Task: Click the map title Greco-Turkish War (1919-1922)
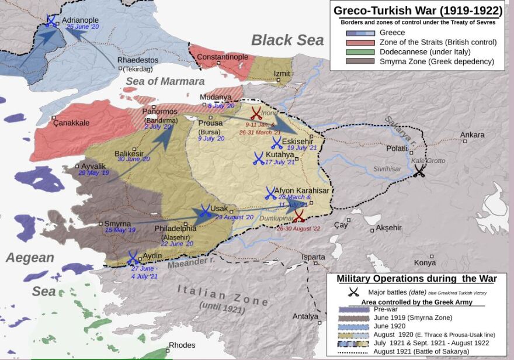pyautogui.click(x=418, y=11)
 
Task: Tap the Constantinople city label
pyautogui.click(x=223, y=57)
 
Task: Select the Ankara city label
pyautogui.click(x=472, y=135)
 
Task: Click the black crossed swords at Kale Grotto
pyautogui.click(x=419, y=171)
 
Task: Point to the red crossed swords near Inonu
pyautogui.click(x=256, y=113)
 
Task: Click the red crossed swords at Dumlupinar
pyautogui.click(x=298, y=216)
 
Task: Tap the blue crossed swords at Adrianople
pyautogui.click(x=51, y=21)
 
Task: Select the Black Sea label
pyautogui.click(x=287, y=40)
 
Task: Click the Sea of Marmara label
pyautogui.click(x=165, y=81)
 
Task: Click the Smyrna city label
pyautogui.click(x=117, y=223)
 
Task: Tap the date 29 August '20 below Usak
pyautogui.click(x=234, y=217)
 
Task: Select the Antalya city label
pyautogui.click(x=305, y=316)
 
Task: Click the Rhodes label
pyautogui.click(x=182, y=345)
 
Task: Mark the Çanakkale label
pyautogui.click(x=71, y=123)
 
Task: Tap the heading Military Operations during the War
pyautogui.click(x=416, y=279)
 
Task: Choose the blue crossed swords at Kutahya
pyautogui.click(x=258, y=158)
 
